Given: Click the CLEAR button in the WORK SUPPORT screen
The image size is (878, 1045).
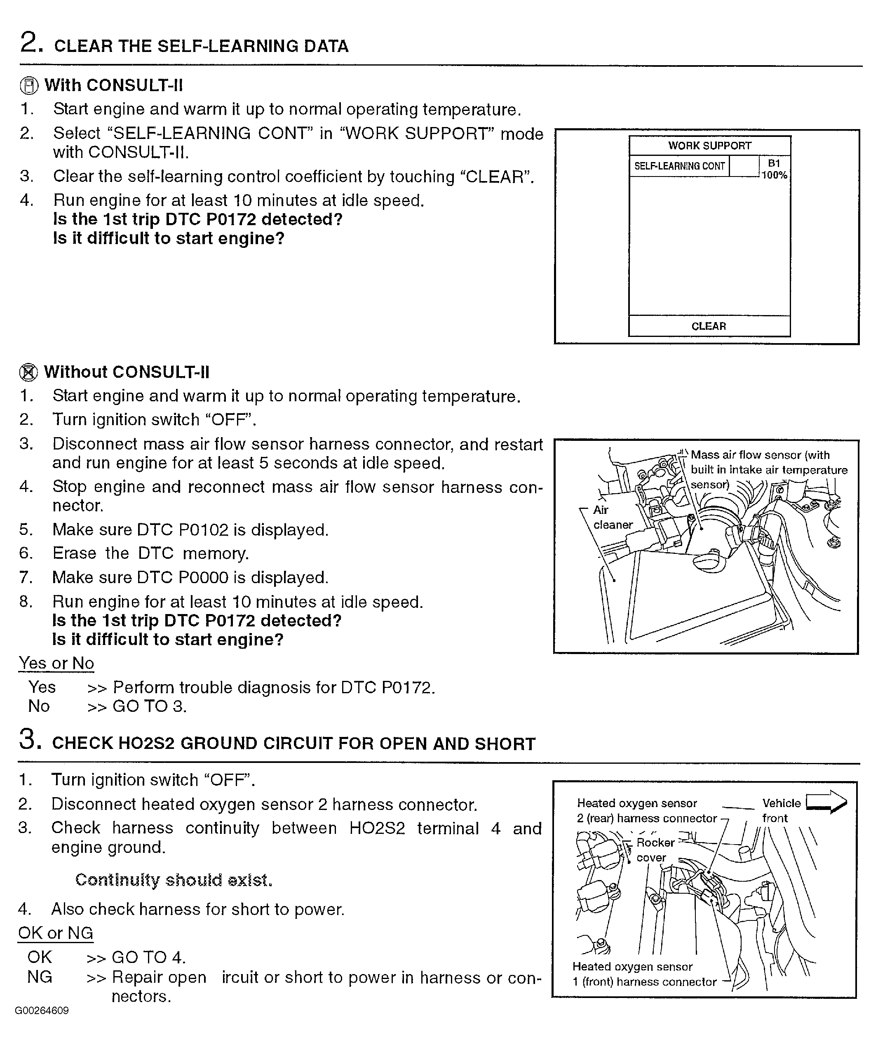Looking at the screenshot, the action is (x=709, y=326).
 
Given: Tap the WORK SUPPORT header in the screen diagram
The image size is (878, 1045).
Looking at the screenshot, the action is (x=709, y=146).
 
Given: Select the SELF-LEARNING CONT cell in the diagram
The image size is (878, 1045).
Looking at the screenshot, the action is (x=679, y=166).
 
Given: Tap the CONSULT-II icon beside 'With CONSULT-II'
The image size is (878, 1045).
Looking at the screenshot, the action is (x=29, y=86).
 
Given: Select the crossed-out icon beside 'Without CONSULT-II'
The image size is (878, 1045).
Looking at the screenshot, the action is (x=28, y=372).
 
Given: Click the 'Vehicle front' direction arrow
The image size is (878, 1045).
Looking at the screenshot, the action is (x=826, y=803).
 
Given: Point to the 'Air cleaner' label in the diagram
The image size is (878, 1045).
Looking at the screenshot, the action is (x=612, y=517).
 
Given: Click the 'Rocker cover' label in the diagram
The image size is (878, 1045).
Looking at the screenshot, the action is (x=655, y=850).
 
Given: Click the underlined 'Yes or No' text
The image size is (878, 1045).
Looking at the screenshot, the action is (x=56, y=664).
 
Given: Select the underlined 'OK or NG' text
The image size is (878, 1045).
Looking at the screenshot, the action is (x=56, y=933).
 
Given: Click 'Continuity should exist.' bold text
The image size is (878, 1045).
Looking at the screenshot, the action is (x=174, y=880).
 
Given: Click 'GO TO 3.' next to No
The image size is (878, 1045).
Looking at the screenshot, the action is (x=150, y=706).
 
